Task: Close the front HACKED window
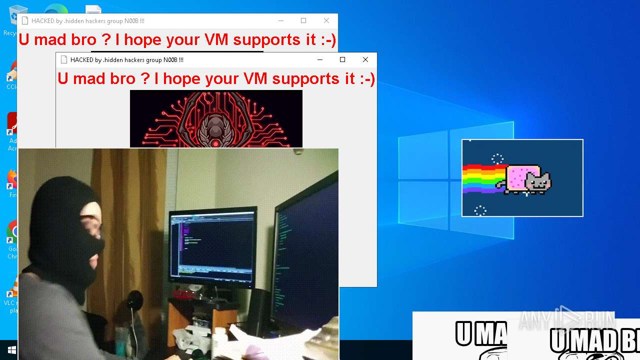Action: (365, 59)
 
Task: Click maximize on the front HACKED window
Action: (342, 59)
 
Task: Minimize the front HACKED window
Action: (320, 59)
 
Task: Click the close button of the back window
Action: (326, 20)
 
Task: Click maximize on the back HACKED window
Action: (303, 20)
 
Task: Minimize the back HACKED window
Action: (281, 20)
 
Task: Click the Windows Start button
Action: (11, 350)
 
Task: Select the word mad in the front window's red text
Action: (102, 78)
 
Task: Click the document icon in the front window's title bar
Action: (64, 59)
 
